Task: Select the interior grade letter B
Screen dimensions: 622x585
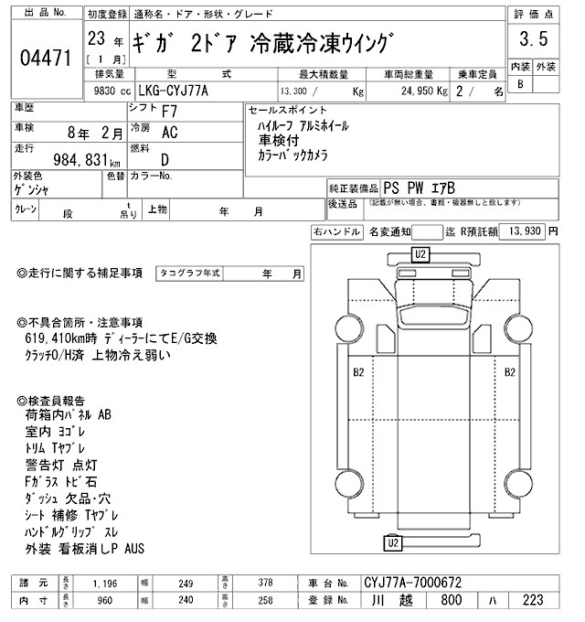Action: (x=520, y=84)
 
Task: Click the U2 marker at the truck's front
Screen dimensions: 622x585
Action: (x=420, y=253)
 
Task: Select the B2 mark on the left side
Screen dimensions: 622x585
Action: (x=358, y=372)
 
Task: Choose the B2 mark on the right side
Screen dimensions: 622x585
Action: (x=510, y=372)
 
